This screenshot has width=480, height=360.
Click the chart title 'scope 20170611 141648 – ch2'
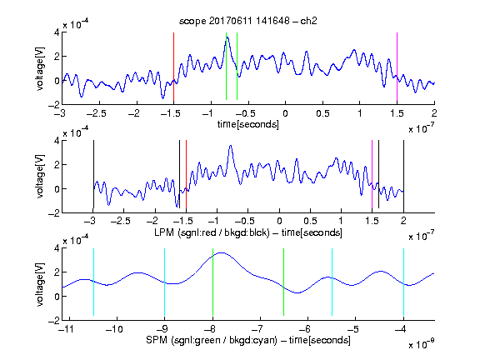[248, 21]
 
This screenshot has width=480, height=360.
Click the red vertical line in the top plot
[173, 67]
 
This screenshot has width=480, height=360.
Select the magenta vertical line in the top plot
[397, 67]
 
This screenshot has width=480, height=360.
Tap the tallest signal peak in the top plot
[227, 37]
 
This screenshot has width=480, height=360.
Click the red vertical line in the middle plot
[186, 174]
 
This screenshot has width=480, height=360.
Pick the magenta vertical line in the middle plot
[372, 174]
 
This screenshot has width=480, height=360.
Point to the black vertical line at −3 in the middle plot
[93, 174]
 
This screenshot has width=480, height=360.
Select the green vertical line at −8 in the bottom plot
[212, 282]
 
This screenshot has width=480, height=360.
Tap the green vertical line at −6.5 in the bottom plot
[284, 282]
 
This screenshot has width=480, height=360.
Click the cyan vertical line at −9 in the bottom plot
[165, 282]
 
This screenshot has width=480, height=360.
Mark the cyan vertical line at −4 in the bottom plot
[403, 282]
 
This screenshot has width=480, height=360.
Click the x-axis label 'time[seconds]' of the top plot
[248, 124]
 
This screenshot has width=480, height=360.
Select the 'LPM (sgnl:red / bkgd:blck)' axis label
[212, 232]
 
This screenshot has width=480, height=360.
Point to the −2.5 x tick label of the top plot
[97, 113]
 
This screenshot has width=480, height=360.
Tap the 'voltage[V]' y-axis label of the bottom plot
[40, 284]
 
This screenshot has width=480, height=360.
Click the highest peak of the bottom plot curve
[222, 252]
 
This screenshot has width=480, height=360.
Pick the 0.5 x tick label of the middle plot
[310, 221]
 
